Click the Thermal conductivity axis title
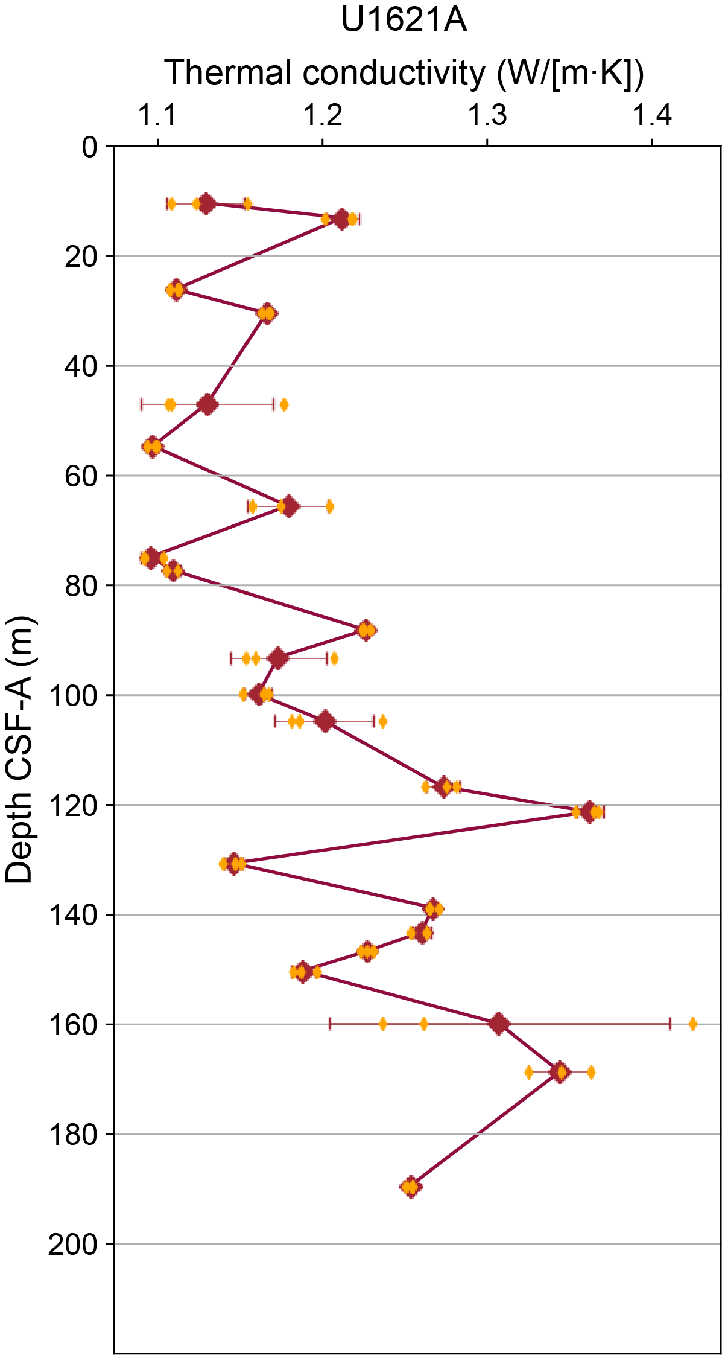pos(404,73)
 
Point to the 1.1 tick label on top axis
pos(158,115)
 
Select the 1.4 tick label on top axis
pos(652,115)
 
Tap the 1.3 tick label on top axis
pos(487,115)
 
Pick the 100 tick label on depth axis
pos(73,696)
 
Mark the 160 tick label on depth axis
pos(73,1025)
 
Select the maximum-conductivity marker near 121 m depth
pos(589,812)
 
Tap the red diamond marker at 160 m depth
pos(499,1024)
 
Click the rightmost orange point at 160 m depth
pos(693,1024)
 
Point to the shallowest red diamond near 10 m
pos(206,203)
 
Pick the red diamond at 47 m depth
pos(208,404)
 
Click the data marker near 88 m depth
pos(366,630)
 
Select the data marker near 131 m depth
pos(233,864)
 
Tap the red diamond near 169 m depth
pos(560,1072)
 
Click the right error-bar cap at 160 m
pos(670,1024)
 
